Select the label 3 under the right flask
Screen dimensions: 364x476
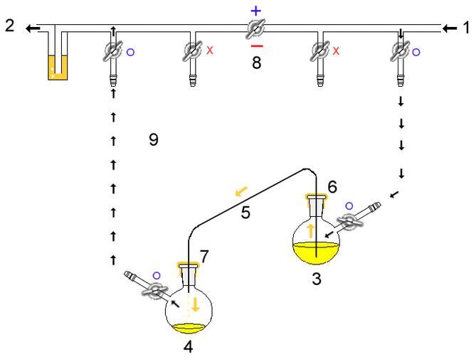316,279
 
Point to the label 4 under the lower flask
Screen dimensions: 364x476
188,349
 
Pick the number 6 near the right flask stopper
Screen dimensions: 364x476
332,186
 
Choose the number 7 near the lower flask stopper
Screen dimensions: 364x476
205,255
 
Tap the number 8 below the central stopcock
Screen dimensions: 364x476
256,63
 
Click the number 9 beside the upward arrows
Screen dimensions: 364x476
153,139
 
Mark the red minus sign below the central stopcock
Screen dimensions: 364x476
256,46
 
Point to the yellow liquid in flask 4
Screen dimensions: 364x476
189,328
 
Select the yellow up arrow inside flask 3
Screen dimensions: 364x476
310,230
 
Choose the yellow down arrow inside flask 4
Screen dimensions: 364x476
195,306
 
